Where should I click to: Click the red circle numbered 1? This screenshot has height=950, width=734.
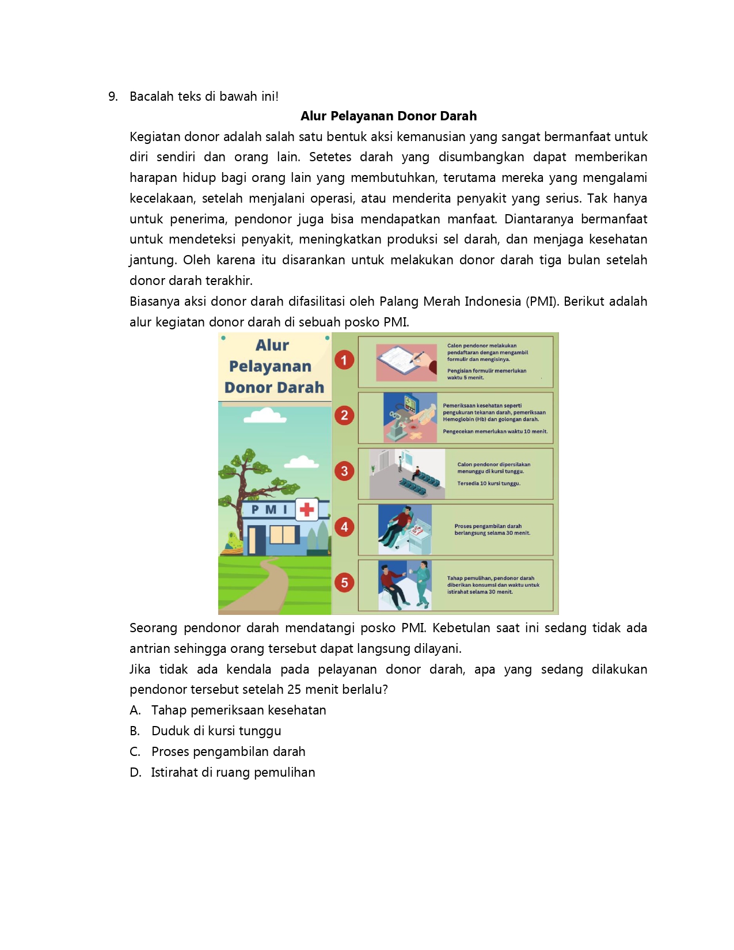click(x=344, y=360)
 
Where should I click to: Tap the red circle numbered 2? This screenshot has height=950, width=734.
click(x=344, y=415)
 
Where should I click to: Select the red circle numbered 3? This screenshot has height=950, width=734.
click(x=344, y=471)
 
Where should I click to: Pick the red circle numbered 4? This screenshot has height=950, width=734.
click(x=344, y=527)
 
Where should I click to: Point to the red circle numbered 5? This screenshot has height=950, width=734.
click(x=344, y=582)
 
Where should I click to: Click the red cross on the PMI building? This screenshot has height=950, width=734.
click(x=307, y=509)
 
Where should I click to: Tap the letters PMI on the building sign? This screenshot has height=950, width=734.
click(x=269, y=510)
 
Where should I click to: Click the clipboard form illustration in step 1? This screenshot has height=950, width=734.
click(x=406, y=362)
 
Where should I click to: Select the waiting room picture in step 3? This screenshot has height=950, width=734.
click(x=407, y=473)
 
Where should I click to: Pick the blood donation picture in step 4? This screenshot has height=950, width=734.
click(x=405, y=529)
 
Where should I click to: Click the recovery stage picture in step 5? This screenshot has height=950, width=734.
click(x=405, y=585)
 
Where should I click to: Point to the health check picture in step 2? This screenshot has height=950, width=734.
click(x=410, y=417)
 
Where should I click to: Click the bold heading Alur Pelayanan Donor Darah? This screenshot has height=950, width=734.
click(x=389, y=116)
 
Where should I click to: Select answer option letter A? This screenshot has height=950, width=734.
click(x=135, y=710)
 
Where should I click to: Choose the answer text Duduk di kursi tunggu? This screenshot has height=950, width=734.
click(x=216, y=731)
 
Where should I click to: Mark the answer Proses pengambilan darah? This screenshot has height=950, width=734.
click(x=228, y=752)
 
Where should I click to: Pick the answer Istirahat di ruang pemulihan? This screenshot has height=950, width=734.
click(x=233, y=773)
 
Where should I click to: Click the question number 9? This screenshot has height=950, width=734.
click(x=113, y=97)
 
